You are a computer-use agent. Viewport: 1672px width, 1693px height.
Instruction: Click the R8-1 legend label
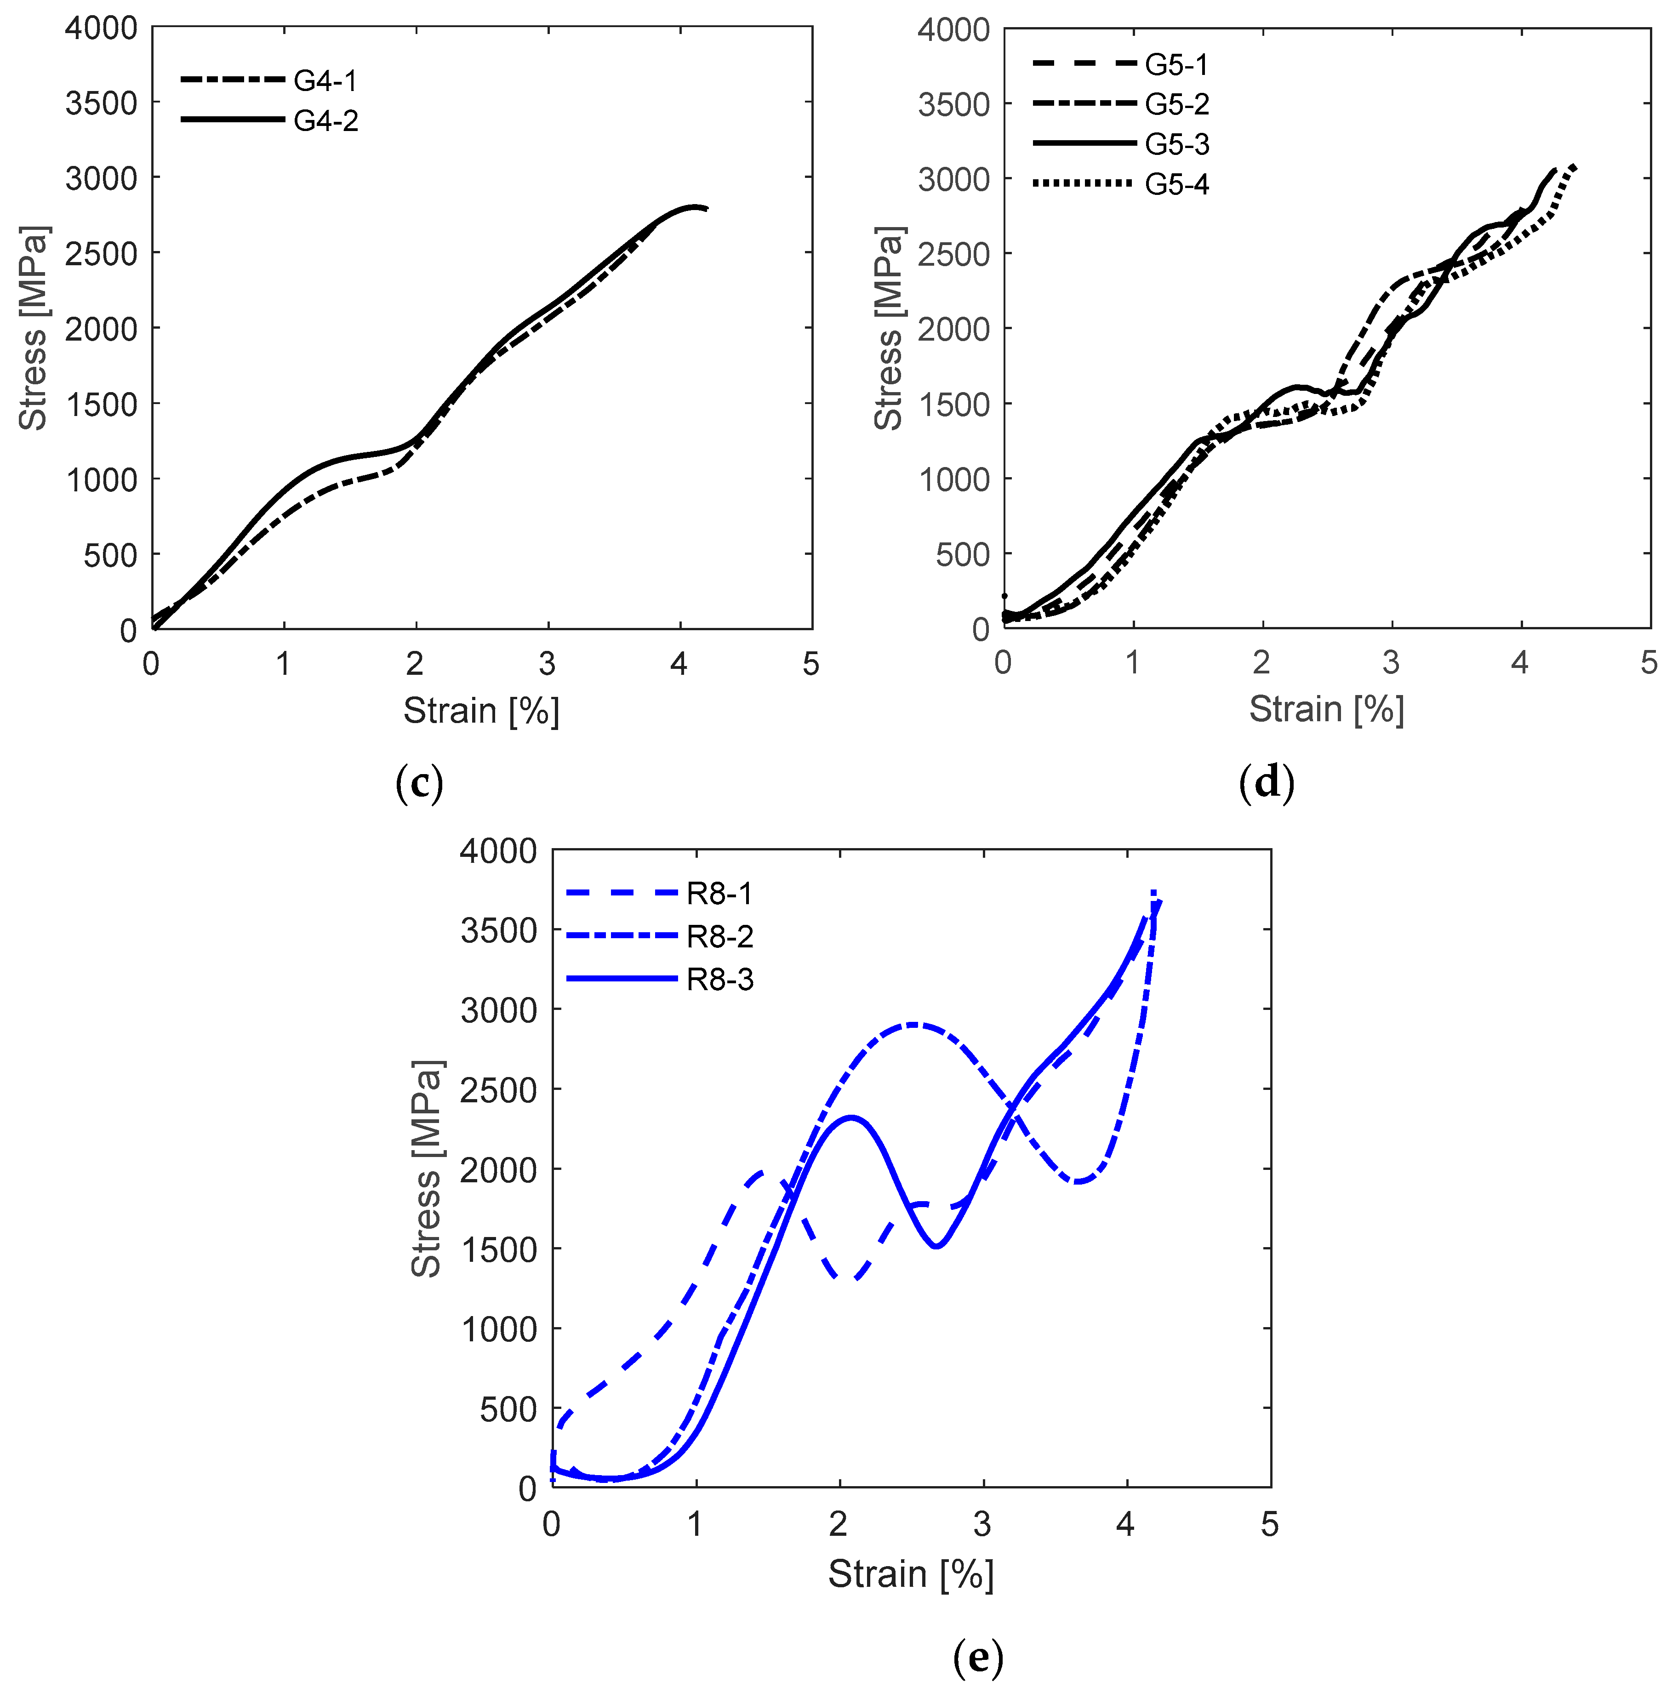pos(719,894)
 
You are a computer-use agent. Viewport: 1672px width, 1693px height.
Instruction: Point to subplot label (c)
pos(419,782)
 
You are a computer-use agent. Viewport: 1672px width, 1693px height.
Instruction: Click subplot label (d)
pos(1266,782)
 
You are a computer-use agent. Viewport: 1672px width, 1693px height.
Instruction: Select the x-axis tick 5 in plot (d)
pos(1649,662)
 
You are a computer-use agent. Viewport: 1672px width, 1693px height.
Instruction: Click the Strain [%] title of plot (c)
pos(481,711)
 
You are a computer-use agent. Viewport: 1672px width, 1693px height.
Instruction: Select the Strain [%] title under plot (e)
pos(911,1575)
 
